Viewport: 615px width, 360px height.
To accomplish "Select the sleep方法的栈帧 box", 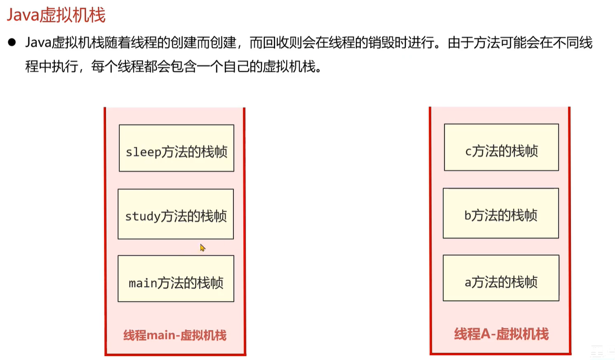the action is pyautogui.click(x=176, y=148).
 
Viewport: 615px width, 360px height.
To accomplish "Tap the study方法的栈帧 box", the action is pyautogui.click(x=176, y=214).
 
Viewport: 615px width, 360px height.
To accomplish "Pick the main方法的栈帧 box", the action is pyautogui.click(x=176, y=279).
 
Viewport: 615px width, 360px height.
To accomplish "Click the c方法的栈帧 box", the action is pyautogui.click(x=501, y=147).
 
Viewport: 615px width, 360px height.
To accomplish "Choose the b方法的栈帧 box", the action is pyautogui.click(x=501, y=213).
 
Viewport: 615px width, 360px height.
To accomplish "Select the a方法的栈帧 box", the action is pyautogui.click(x=501, y=278).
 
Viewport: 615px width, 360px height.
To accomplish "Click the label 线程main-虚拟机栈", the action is pyautogui.click(x=175, y=335).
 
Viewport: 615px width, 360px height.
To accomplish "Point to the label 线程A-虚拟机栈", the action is pyautogui.click(x=501, y=334).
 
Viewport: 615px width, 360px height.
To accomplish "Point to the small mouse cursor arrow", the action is pyautogui.click(x=202, y=247).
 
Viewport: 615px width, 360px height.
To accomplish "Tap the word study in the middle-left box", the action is pyautogui.click(x=142, y=216).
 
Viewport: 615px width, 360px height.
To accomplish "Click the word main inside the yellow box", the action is pyautogui.click(x=143, y=282).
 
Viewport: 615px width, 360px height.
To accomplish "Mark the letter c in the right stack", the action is pyautogui.click(x=468, y=152).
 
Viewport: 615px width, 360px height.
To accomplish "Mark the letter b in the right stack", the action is pyautogui.click(x=468, y=216).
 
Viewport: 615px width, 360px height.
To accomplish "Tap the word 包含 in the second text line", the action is pyautogui.click(x=183, y=66).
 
